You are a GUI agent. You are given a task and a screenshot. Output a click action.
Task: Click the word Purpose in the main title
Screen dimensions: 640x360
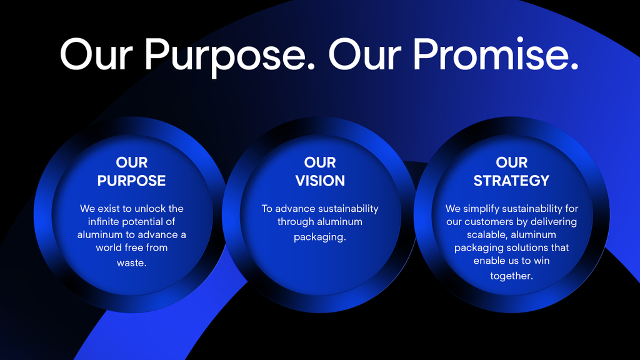coord(230,55)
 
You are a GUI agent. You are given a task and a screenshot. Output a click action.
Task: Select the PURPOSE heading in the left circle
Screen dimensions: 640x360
coord(131,181)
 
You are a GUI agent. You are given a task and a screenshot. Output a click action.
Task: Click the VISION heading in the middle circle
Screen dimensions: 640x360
coord(320,181)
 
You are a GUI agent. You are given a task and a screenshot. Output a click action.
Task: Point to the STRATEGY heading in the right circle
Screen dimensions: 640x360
coord(511,181)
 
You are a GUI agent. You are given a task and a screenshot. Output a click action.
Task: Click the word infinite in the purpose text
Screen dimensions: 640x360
coord(104,222)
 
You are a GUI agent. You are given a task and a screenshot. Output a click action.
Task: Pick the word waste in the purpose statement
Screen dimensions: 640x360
coord(131,263)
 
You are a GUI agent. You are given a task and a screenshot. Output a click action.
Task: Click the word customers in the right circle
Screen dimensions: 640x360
coord(486,222)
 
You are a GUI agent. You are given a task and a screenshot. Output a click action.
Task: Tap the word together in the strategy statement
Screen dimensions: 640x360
coord(511,276)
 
